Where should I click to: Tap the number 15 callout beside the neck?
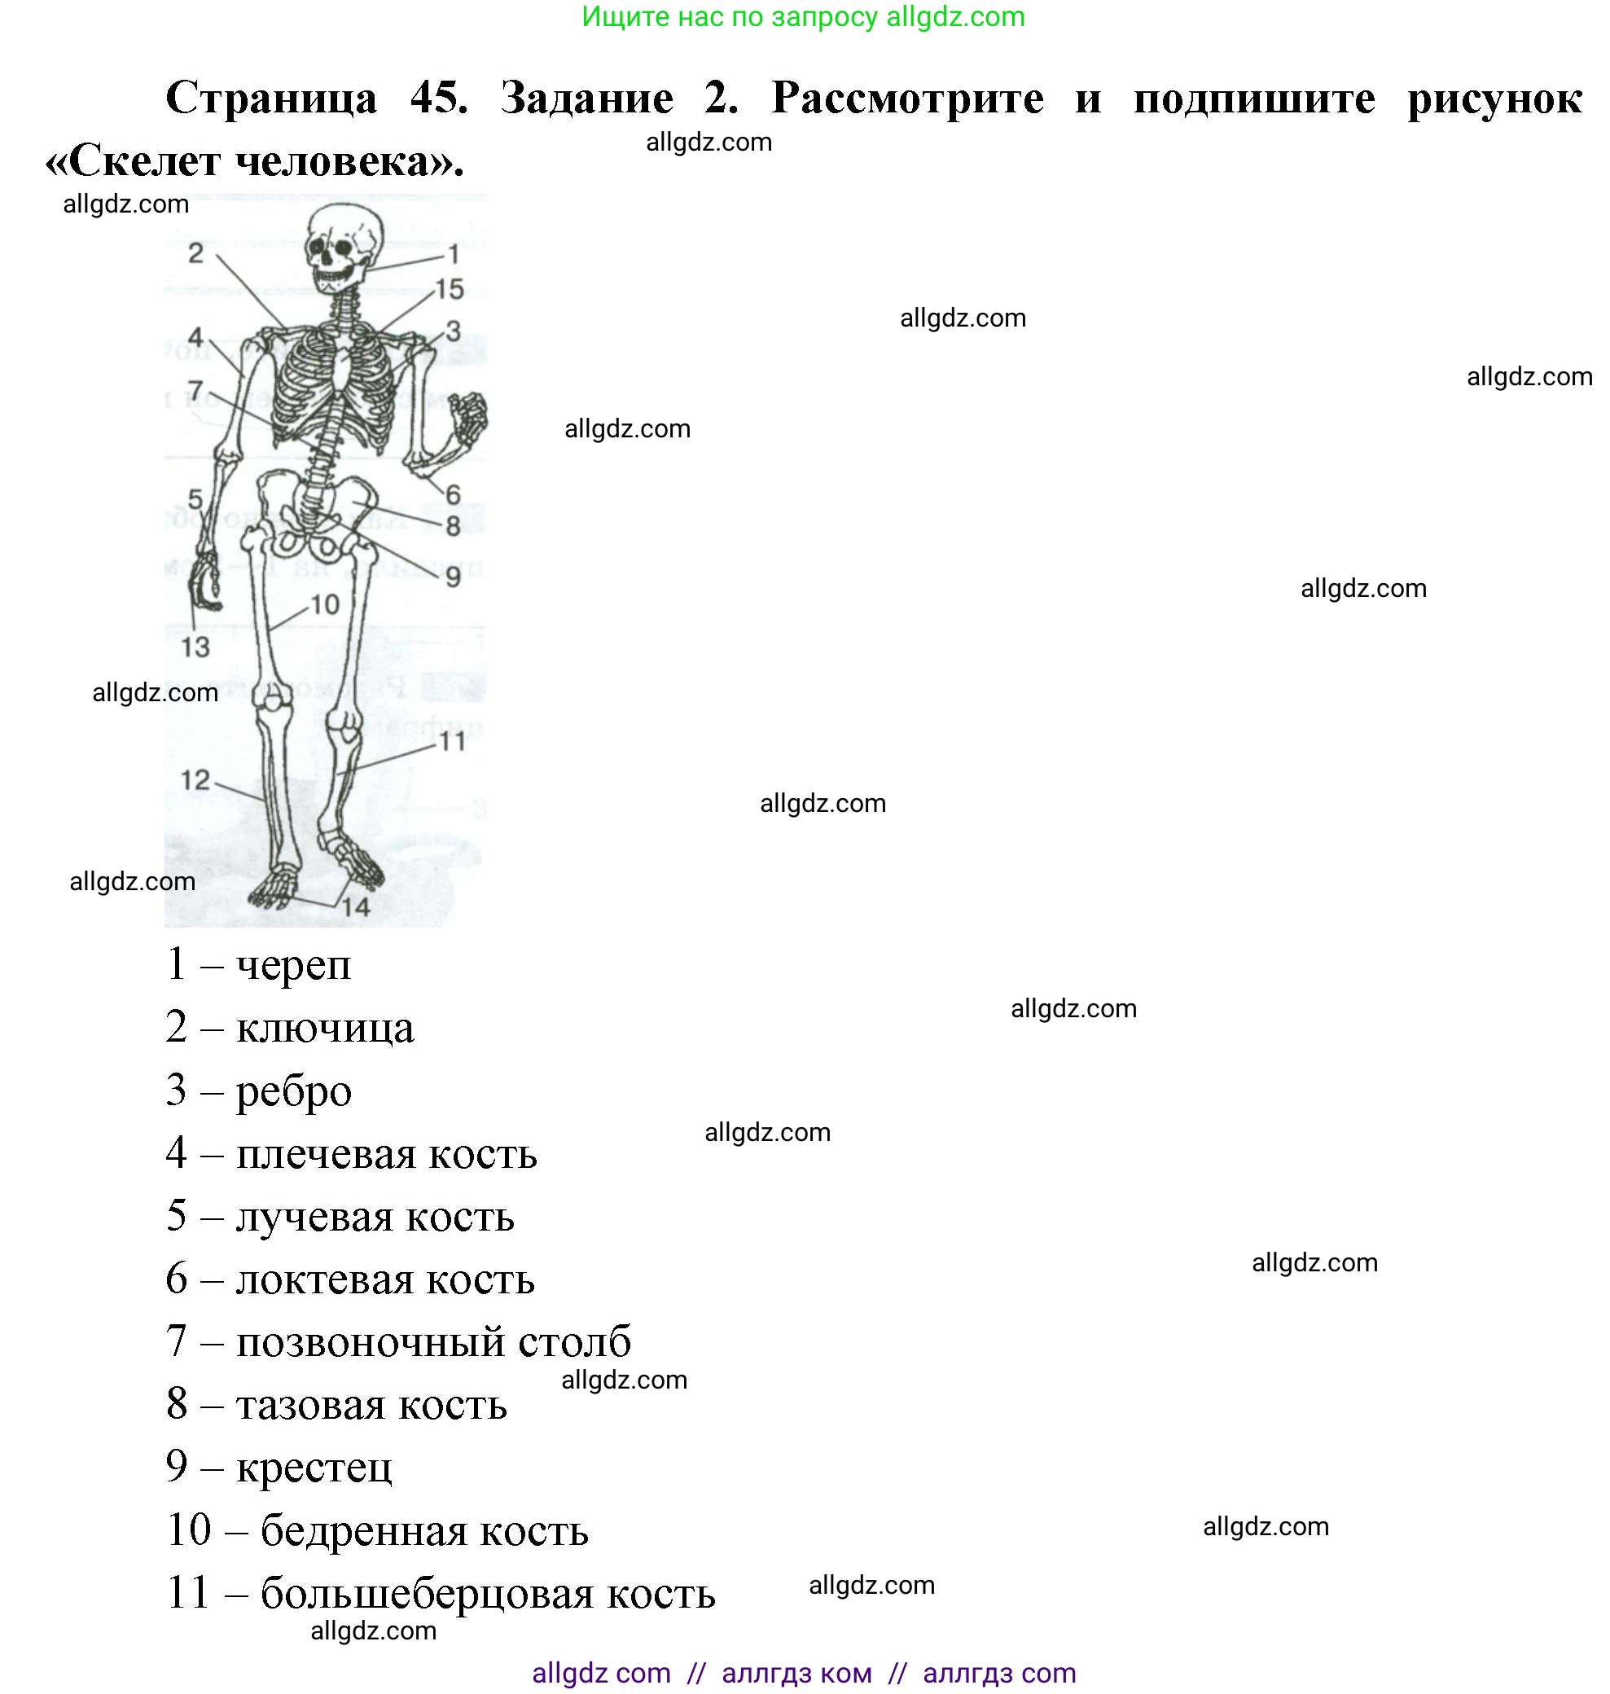(450, 290)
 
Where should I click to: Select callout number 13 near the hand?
(195, 647)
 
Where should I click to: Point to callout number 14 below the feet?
(356, 907)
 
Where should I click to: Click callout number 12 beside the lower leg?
(195, 780)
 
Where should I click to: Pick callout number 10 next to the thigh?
(325, 605)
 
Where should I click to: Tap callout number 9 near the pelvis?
(453, 577)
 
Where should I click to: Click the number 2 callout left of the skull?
(196, 254)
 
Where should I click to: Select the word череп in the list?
(293, 965)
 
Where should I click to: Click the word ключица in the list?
(325, 1029)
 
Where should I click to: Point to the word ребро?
(293, 1091)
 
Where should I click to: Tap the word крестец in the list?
(314, 1468)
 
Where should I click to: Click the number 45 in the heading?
(439, 98)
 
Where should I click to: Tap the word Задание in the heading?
(587, 98)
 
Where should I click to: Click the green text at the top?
(803, 17)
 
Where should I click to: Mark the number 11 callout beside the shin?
(452, 740)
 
